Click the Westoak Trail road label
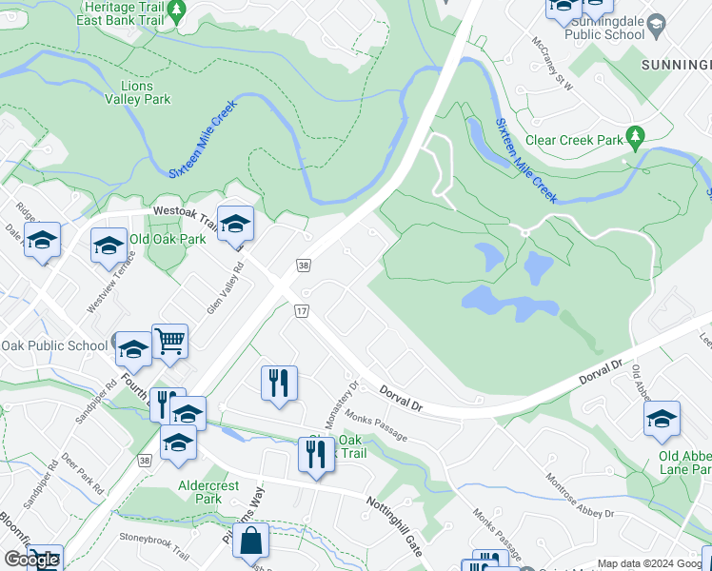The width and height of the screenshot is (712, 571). click(x=186, y=212)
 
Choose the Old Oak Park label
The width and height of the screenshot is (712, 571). click(x=168, y=239)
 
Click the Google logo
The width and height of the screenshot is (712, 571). click(x=31, y=560)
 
